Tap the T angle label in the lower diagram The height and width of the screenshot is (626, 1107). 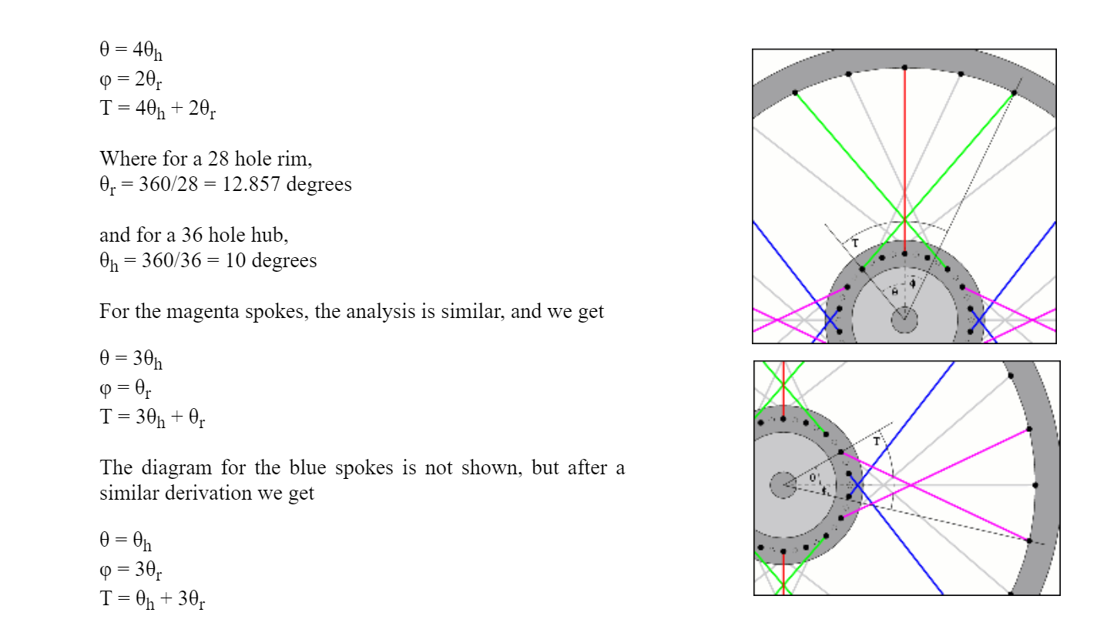(x=876, y=441)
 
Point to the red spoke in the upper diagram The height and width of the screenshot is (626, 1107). (x=904, y=154)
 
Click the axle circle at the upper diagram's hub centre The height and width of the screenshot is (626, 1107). (x=904, y=319)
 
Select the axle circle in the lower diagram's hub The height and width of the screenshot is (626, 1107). (x=783, y=485)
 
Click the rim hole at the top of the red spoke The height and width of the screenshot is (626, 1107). (x=904, y=68)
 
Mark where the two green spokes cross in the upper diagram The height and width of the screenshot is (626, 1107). (x=904, y=217)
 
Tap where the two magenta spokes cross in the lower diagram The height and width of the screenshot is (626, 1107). (x=911, y=485)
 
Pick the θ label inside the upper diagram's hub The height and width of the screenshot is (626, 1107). (x=894, y=292)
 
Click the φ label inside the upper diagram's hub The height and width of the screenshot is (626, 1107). (x=912, y=283)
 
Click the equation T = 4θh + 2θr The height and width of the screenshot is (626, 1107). (x=157, y=110)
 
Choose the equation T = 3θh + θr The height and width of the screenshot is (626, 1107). (x=152, y=418)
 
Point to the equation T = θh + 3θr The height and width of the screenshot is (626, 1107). (x=152, y=599)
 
